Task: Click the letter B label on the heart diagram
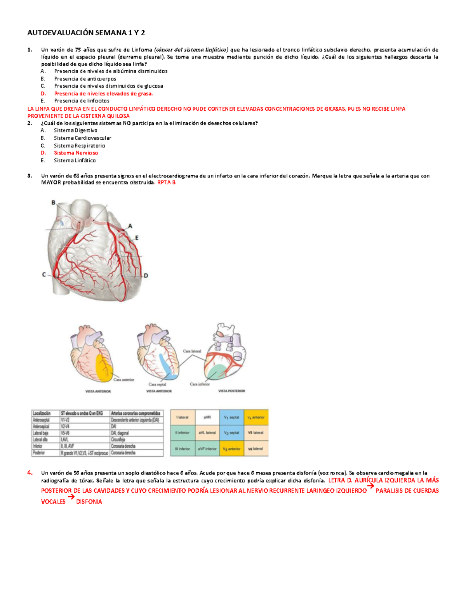pyautogui.click(x=54, y=202)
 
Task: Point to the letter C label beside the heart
pyautogui.click(x=44, y=275)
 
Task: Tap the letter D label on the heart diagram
pyautogui.click(x=146, y=276)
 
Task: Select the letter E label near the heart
pyautogui.click(x=137, y=238)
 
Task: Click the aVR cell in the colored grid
pyautogui.click(x=207, y=417)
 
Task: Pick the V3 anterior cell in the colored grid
pyautogui.click(x=231, y=448)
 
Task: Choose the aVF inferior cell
pyautogui.click(x=207, y=448)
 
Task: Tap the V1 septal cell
pyautogui.click(x=231, y=417)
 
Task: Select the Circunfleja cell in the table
pyautogui.click(x=118, y=440)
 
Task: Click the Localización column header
pyautogui.click(x=42, y=414)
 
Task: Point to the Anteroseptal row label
pyautogui.click(x=41, y=420)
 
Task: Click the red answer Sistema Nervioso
pyautogui.click(x=76, y=153)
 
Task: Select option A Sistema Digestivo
pyautogui.click(x=75, y=130)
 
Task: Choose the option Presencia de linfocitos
pyautogui.click(x=82, y=101)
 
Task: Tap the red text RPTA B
pyautogui.click(x=166, y=182)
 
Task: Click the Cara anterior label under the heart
pyautogui.click(x=123, y=380)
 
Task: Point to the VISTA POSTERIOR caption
pyautogui.click(x=231, y=391)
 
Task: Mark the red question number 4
pyautogui.click(x=30, y=473)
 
